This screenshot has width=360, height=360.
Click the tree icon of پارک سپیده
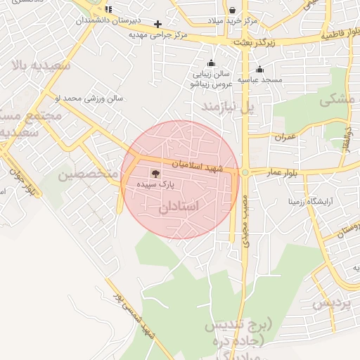click(x=155, y=172)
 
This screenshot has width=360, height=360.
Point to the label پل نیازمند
click(x=226, y=106)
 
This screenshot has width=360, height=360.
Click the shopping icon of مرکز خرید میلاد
click(x=233, y=10)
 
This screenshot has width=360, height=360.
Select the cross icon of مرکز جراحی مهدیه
click(x=157, y=24)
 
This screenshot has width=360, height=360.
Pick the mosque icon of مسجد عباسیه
click(x=260, y=69)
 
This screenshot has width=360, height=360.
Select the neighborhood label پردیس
click(x=331, y=303)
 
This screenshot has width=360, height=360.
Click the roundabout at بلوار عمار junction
click(x=245, y=172)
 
